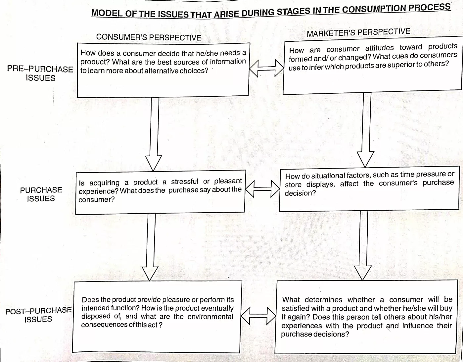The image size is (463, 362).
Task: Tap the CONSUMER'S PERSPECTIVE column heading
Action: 149,37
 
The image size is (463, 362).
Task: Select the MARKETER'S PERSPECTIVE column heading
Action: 358,32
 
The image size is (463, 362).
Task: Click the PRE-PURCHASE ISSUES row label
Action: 40,74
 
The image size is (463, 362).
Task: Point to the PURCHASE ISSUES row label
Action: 41,194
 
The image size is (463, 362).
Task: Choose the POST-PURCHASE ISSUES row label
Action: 39,315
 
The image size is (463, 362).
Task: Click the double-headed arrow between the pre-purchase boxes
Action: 266,68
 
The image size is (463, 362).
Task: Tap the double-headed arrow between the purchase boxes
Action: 262,189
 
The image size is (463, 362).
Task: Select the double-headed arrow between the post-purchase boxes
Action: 258,316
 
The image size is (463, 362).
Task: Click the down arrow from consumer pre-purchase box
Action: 154,134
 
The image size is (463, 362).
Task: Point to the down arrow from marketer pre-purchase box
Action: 366,130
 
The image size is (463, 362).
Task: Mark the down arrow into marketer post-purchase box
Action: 363,245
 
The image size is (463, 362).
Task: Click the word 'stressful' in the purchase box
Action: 185,181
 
